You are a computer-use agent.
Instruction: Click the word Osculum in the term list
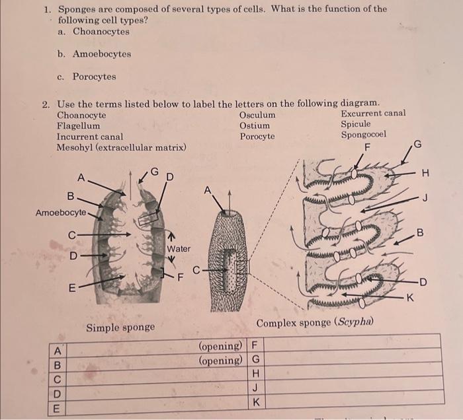[257, 115]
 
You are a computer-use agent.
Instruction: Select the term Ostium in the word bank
[255, 125]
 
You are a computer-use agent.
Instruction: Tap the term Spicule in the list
[355, 123]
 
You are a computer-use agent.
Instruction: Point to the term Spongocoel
[363, 135]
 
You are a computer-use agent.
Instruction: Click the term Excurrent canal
[373, 113]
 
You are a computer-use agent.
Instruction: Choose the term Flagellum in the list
[79, 125]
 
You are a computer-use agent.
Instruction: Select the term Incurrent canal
[90, 136]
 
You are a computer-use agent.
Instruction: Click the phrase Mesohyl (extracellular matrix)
[121, 147]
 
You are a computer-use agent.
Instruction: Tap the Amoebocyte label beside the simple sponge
[60, 212]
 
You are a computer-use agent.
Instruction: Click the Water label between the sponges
[179, 249]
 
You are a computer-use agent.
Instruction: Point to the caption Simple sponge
[120, 328]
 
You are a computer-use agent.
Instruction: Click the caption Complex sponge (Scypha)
[315, 323]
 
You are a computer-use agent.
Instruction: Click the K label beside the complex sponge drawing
[409, 298]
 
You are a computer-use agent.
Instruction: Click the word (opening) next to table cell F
[220, 346]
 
